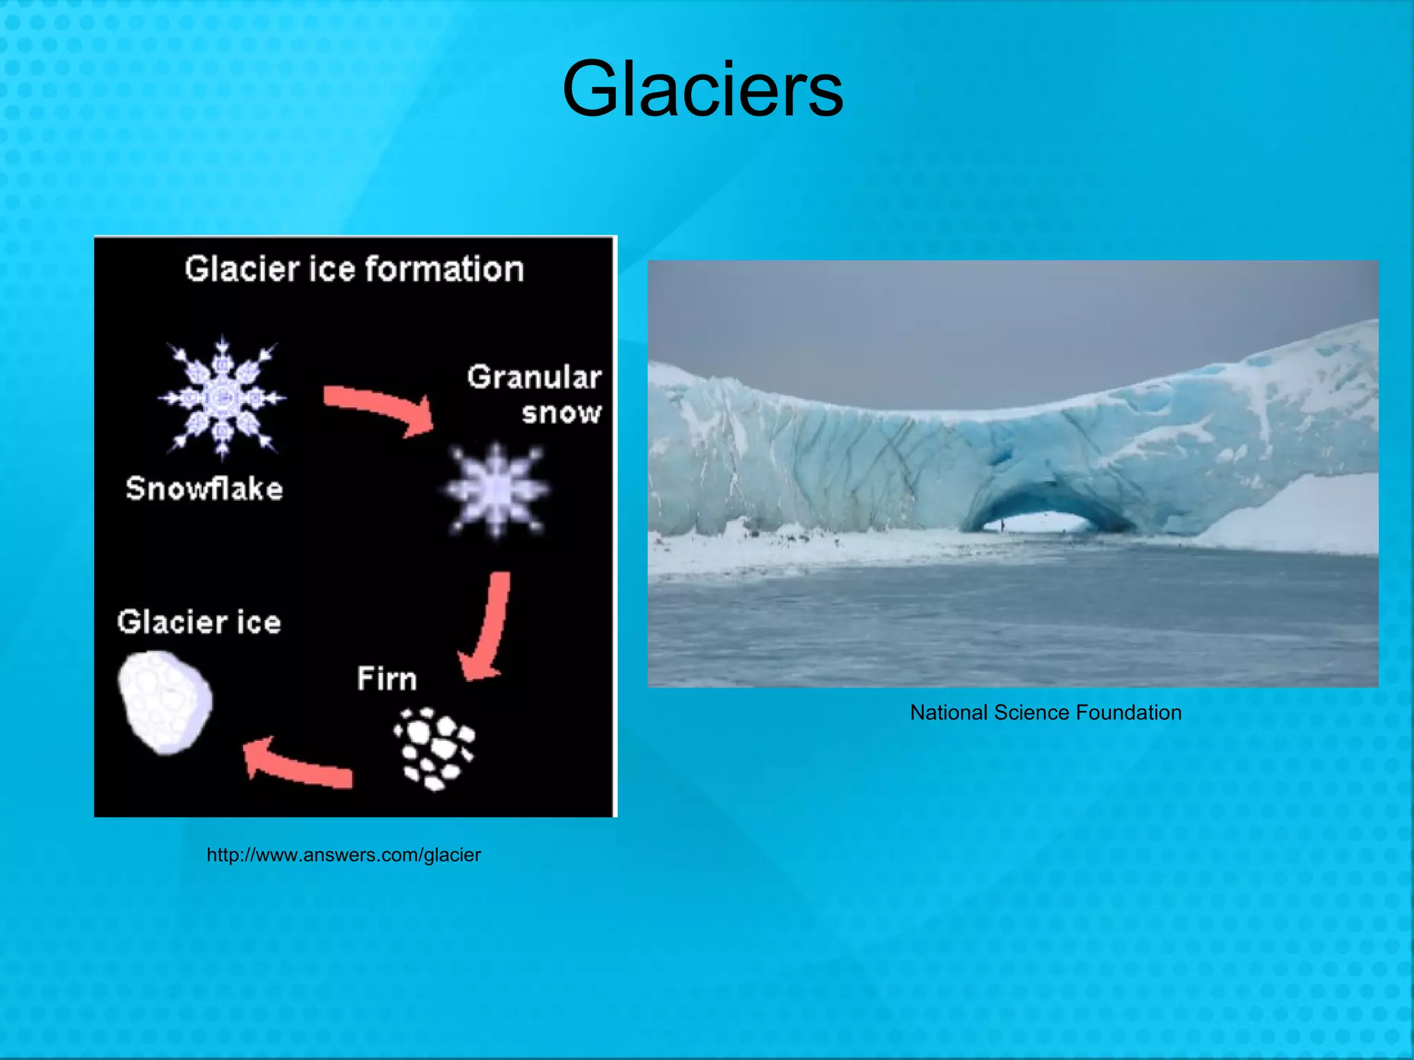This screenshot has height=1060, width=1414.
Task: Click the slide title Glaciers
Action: [702, 89]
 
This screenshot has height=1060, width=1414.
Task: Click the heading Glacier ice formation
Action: [354, 269]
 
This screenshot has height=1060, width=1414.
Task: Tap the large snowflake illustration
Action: [222, 397]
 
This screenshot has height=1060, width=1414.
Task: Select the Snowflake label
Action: [204, 489]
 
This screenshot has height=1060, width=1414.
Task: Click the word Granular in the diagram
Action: [534, 377]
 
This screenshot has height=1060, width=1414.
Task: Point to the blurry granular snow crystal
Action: [496, 490]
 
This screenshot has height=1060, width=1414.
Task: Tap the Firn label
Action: [387, 679]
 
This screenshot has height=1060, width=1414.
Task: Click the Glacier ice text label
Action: [199, 622]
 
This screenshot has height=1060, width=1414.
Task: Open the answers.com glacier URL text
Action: [344, 855]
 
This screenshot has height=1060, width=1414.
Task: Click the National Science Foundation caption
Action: [1045, 712]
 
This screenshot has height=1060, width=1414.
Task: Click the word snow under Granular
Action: [561, 413]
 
